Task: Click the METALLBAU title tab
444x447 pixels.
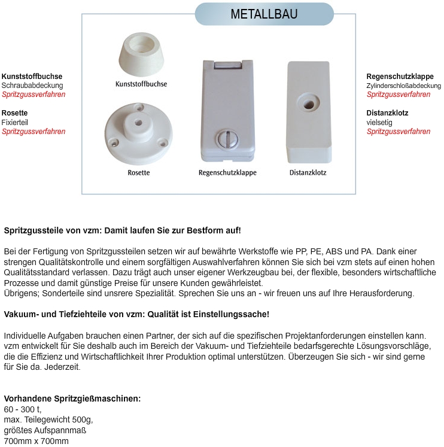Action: point(264,14)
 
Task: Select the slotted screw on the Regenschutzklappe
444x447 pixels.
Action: point(227,139)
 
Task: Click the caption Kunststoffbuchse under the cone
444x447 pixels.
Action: point(141,84)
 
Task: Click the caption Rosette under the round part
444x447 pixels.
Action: point(139,173)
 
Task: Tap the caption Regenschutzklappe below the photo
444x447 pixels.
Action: point(227,173)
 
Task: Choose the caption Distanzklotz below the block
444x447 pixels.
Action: point(308,173)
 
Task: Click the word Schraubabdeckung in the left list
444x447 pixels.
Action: point(32,86)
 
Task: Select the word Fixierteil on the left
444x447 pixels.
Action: point(15,122)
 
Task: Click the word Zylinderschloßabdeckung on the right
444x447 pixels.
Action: point(404,86)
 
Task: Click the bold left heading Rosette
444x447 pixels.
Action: point(15,112)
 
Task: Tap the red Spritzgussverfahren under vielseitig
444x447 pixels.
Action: point(398,132)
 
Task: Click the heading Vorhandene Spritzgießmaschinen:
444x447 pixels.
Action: point(72,399)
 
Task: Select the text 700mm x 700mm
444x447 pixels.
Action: point(37,442)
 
